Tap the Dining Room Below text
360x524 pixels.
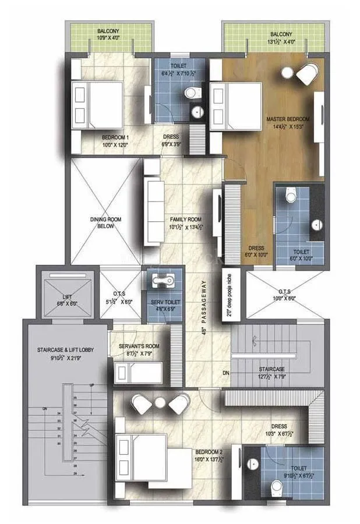(105, 223)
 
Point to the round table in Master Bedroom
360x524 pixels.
(288, 72)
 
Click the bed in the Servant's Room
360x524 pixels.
(137, 371)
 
